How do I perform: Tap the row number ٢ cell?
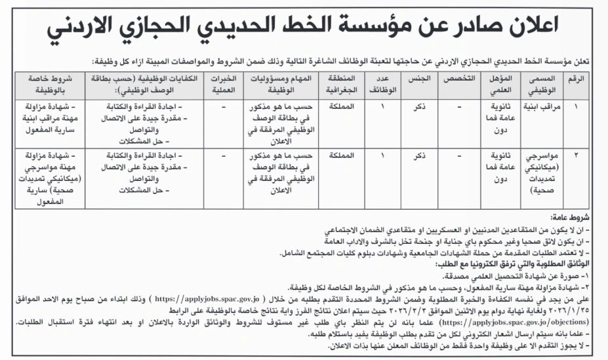[578, 156]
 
